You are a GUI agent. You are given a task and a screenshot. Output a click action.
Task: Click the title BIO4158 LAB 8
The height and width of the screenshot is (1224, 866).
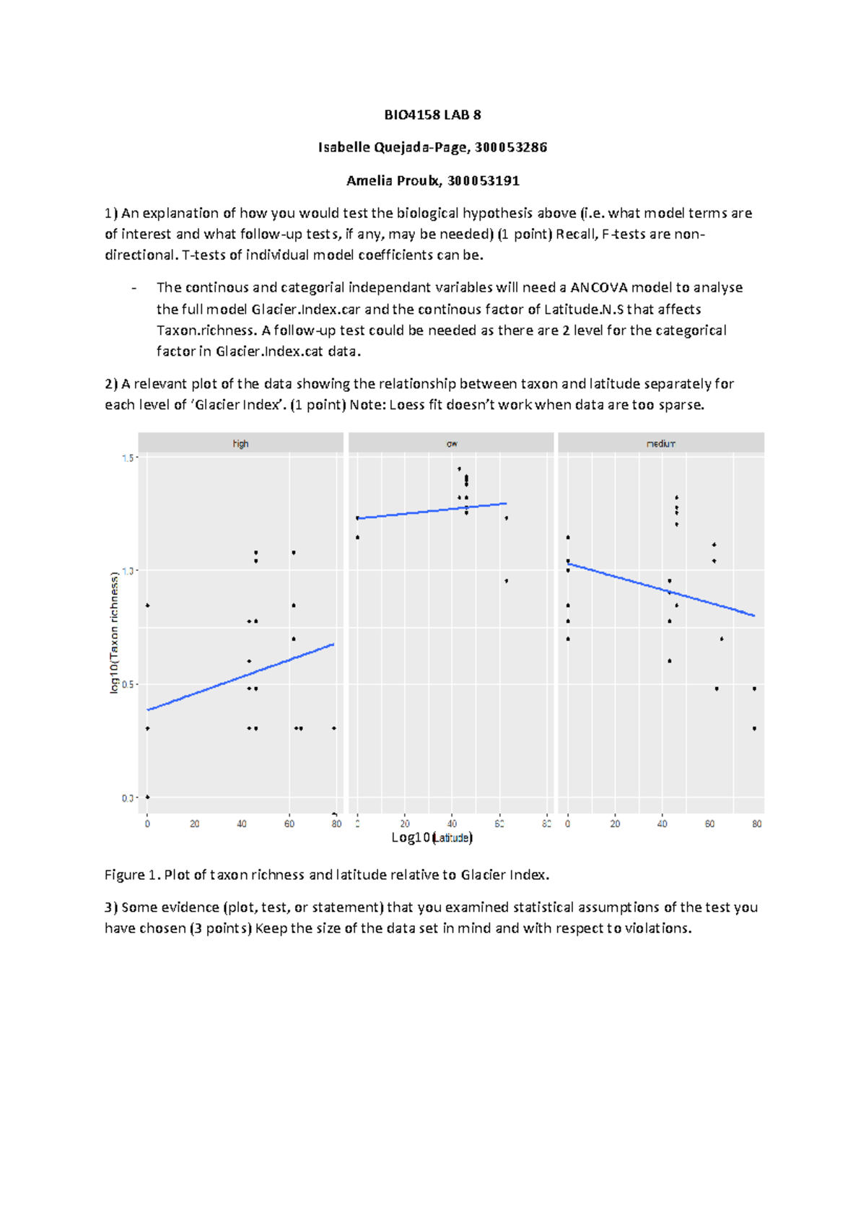click(432, 115)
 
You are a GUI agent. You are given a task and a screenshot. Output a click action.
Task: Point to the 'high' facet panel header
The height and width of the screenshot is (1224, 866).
click(240, 443)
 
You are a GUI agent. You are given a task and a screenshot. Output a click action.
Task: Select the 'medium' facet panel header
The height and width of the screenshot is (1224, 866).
click(660, 443)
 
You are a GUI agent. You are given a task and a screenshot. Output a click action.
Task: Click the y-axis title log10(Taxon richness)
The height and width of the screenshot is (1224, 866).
click(114, 632)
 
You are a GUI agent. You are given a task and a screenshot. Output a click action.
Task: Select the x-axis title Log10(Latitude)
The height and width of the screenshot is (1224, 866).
click(432, 837)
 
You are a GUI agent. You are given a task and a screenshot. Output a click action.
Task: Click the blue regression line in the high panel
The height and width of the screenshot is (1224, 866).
click(241, 677)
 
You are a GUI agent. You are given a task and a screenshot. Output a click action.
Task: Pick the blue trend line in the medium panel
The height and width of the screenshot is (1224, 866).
click(661, 590)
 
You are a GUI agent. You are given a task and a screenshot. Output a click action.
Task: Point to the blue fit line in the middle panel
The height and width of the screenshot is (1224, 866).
click(432, 511)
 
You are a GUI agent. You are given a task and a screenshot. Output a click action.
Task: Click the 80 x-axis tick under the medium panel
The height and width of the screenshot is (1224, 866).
click(756, 823)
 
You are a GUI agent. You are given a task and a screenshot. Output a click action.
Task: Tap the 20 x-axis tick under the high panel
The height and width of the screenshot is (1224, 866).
click(195, 823)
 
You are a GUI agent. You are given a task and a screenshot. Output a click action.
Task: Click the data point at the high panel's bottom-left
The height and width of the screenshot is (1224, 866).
click(148, 797)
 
